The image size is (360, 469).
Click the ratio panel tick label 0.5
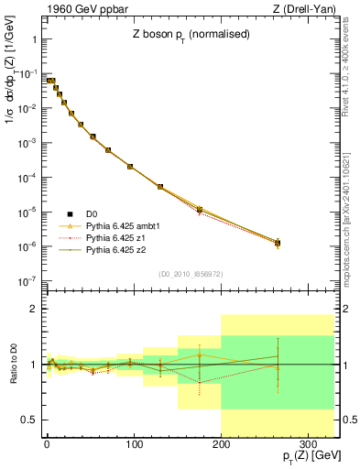(27, 420)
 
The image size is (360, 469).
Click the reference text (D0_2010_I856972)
(190, 274)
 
